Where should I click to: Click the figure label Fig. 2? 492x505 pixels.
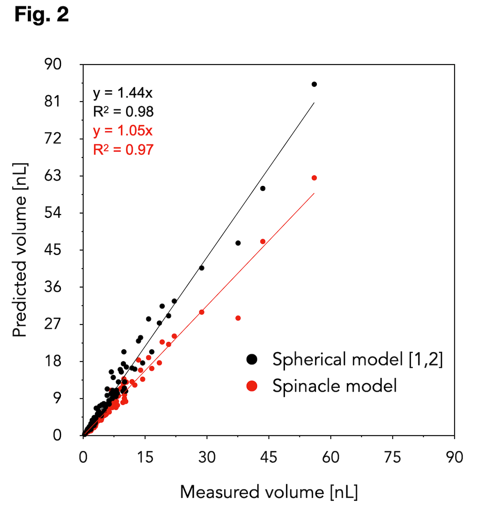[42, 15]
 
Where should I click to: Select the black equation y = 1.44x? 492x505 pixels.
[123, 93]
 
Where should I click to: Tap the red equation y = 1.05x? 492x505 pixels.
[123, 131]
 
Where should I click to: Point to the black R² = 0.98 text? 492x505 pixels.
[123, 112]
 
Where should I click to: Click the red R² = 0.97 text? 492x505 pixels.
[123, 150]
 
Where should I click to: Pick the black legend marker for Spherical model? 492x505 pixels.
[252, 359]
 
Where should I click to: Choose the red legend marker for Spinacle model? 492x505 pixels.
[252, 386]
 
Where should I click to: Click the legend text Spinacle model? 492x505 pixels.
[334, 386]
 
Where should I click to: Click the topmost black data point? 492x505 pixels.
[314, 84]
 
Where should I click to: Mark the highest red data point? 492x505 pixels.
[314, 178]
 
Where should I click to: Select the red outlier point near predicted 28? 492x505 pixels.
[238, 318]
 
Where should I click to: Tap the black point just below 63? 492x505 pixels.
[262, 188]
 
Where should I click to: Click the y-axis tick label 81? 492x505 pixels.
[52, 102]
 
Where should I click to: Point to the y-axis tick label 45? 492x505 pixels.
[52, 250]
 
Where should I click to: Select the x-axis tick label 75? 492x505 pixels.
[393, 457]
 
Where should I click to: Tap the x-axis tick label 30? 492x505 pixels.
[207, 457]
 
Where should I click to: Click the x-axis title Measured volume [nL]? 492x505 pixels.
[269, 492]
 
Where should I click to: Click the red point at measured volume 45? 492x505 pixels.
[262, 242]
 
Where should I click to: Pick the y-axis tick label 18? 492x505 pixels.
[52, 361]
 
